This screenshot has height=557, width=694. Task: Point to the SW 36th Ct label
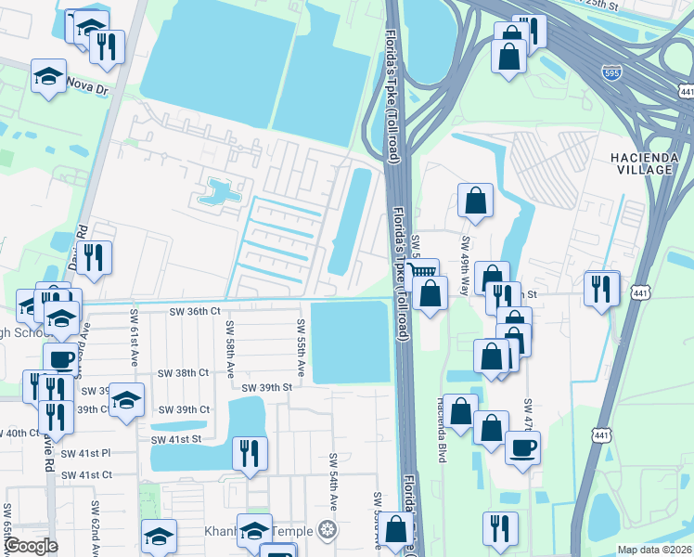195,312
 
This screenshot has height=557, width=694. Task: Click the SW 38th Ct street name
184,372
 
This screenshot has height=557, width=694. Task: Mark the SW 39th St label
267,387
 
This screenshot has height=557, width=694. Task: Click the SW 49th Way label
464,252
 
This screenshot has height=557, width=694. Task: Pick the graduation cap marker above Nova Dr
48,75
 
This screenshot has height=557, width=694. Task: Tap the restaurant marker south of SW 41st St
250,453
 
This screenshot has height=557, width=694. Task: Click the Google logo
30,546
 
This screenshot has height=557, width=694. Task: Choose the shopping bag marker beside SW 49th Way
475,201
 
